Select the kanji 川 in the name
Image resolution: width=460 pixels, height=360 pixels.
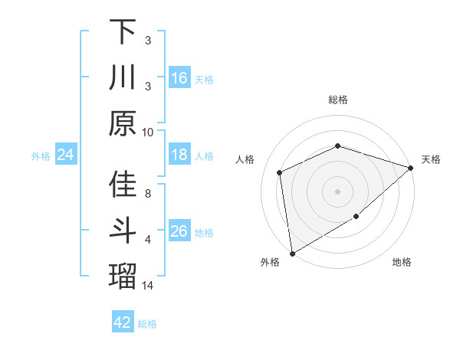coord(123,77)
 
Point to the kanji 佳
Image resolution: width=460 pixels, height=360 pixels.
coord(123,185)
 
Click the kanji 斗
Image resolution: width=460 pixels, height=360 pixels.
coord(123,231)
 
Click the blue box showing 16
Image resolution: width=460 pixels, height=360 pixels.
coord(179,77)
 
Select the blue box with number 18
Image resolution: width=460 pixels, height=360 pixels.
coord(179,155)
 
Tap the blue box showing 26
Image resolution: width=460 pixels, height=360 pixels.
coord(179,231)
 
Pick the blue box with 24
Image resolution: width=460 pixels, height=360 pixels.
coord(66,155)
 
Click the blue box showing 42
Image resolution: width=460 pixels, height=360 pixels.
coord(123,322)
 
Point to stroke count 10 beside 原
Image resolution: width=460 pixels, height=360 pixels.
coord(148,132)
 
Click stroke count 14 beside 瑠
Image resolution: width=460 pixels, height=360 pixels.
coord(148,286)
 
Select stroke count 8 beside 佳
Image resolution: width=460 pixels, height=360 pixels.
coord(148,194)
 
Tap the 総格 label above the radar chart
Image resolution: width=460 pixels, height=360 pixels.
coord(338,100)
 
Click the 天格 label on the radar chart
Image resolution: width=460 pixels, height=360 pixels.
coord(432,159)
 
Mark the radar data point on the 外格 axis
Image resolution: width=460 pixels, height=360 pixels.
coord(292,254)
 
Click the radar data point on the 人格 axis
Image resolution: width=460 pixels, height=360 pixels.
coord(280,172)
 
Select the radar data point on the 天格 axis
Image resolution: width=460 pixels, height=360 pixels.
coord(411,168)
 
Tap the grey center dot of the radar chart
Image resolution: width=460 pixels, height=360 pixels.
coord(338,191)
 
